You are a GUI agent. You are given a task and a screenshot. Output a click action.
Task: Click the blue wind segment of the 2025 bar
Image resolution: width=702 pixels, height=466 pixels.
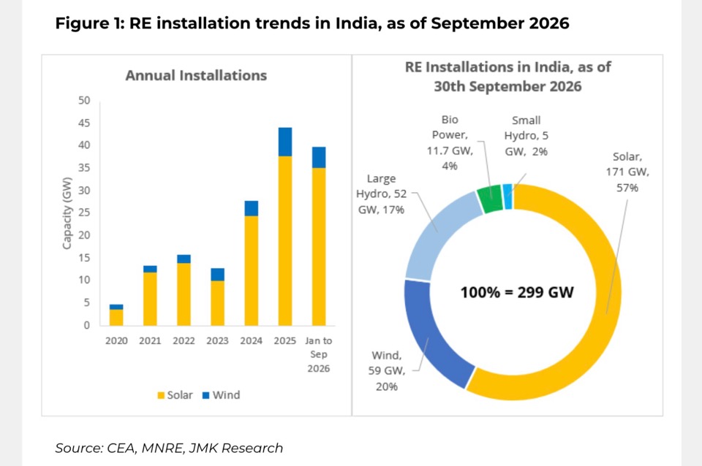pos(284,142)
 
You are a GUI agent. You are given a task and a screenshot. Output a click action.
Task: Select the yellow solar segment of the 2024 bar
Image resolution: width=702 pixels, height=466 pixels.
pos(251,270)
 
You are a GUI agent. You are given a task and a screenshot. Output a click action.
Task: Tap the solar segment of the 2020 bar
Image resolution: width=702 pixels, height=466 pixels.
pos(116,318)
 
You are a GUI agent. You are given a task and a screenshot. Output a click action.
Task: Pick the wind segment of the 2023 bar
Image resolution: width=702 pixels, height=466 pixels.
pos(218,275)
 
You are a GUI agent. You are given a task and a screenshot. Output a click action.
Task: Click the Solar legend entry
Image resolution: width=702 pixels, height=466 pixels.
pos(175,395)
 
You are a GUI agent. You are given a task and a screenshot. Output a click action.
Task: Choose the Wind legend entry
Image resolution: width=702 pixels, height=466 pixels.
pos(221,395)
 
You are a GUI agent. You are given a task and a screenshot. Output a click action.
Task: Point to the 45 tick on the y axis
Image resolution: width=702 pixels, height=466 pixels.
pos(83,123)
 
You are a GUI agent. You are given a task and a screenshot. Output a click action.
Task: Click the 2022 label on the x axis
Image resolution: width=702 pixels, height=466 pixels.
pos(184,341)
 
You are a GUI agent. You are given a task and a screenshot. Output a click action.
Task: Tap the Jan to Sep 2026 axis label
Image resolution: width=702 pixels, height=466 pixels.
pos(319,355)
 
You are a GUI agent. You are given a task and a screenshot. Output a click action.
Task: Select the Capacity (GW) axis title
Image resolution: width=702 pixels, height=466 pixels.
pos(67,213)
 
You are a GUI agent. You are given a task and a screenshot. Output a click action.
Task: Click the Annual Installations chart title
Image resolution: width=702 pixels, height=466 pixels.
pos(196,75)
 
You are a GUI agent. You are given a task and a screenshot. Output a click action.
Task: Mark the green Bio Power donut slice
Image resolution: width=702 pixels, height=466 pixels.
pos(489,199)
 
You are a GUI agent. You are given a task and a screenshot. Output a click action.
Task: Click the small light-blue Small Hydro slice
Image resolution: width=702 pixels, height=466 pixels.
pos(507,196)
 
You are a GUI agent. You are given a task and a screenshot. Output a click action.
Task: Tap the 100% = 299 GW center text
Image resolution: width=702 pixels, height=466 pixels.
pos(517,292)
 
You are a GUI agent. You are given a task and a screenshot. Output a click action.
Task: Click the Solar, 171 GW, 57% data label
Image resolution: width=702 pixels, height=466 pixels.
pos(627,172)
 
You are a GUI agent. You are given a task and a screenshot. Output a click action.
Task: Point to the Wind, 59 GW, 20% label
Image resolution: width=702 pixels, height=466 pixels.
pos(387,371)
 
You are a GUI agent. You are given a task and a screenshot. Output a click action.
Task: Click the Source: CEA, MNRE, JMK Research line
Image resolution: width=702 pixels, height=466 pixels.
pos(169,448)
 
